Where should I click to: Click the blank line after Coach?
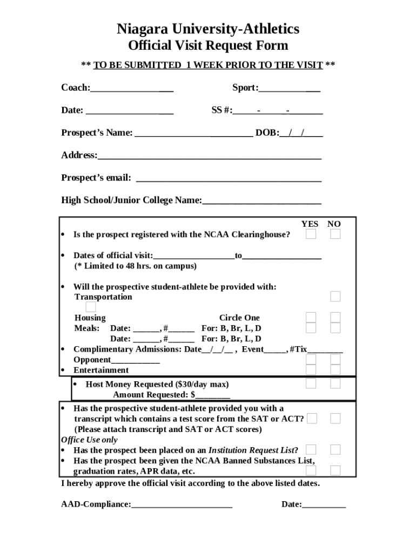pyautogui.click(x=132, y=89)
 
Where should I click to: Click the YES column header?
pyautogui.click(x=310, y=224)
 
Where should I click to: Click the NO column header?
pyautogui.click(x=334, y=224)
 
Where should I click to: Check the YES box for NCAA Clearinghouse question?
pyautogui.click(x=311, y=234)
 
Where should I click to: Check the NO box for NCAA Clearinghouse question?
pyautogui.click(x=336, y=234)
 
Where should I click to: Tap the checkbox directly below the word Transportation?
pyautogui.click(x=91, y=307)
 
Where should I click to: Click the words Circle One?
pyautogui.click(x=239, y=318)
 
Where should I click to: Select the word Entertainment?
pyautogui.click(x=101, y=370)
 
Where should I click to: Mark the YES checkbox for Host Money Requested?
pyautogui.click(x=311, y=383)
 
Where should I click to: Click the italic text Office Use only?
pyautogui.click(x=89, y=440)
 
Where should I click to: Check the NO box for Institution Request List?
pyautogui.click(x=336, y=449)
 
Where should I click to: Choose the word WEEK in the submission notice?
pyautogui.click(x=207, y=65)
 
